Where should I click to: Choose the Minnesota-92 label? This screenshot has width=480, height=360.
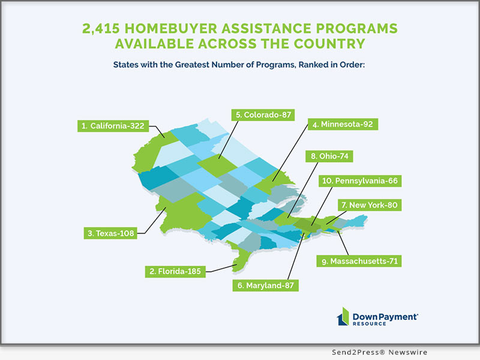coord(339,125)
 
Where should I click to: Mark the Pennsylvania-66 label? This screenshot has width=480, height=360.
coord(364,180)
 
